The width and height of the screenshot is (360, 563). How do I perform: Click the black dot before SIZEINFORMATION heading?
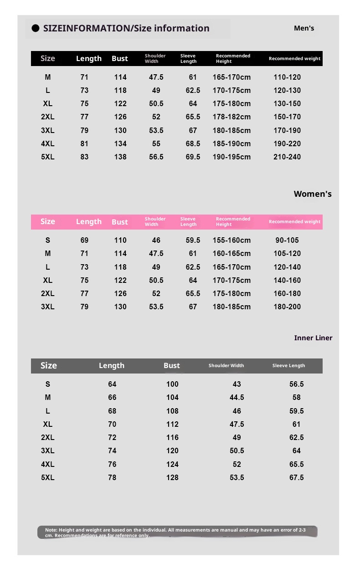coord(36,28)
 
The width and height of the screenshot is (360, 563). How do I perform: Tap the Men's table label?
coord(304,28)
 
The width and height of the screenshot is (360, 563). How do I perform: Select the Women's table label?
coord(313,194)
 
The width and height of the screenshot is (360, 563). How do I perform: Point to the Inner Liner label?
coord(313,338)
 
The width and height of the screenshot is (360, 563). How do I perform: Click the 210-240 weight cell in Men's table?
coord(287,157)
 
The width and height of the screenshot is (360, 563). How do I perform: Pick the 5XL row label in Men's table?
coord(48,157)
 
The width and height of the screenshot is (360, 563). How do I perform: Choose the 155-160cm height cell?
coord(231,240)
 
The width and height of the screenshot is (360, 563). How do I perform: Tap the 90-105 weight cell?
coord(287,240)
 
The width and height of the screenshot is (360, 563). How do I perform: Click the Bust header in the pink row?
coord(120,222)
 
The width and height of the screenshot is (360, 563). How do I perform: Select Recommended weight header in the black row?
coord(294,58)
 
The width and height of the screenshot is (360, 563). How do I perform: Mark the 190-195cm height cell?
coord(231,157)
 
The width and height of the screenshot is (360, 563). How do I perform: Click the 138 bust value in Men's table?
coord(120,157)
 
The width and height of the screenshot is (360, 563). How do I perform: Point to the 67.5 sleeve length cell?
coord(296,477)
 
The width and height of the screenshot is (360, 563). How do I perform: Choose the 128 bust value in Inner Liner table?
coord(172,477)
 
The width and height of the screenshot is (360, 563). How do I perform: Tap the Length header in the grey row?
coord(112,366)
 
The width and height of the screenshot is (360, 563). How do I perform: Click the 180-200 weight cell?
coord(287,307)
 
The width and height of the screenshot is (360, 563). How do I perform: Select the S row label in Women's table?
coord(48,240)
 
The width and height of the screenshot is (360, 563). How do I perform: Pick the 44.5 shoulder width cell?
coord(237,397)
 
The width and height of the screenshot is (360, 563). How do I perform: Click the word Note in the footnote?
coord(51,530)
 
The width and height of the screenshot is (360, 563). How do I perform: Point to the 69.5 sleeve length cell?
coord(193,157)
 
